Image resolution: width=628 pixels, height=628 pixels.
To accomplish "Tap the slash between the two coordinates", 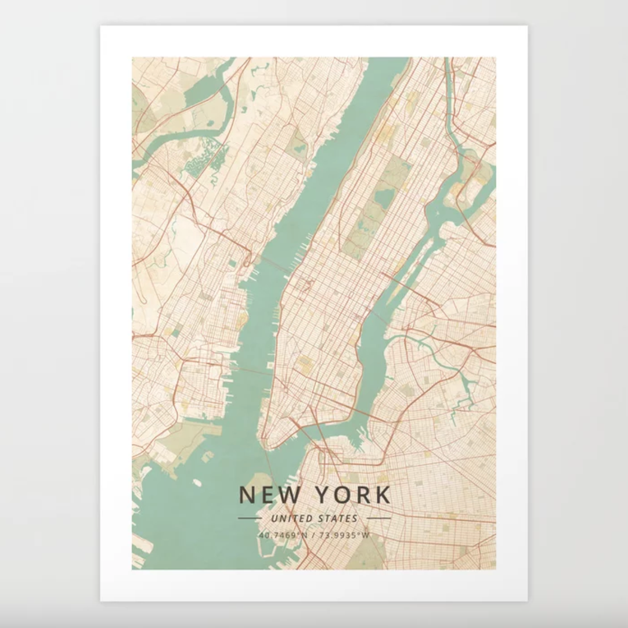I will [313, 535].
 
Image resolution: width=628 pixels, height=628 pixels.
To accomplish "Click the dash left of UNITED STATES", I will [249, 519].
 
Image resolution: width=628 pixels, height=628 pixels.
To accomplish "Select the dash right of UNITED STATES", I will [378, 519].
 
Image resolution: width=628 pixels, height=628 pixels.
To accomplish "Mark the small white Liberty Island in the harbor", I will [197, 482].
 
